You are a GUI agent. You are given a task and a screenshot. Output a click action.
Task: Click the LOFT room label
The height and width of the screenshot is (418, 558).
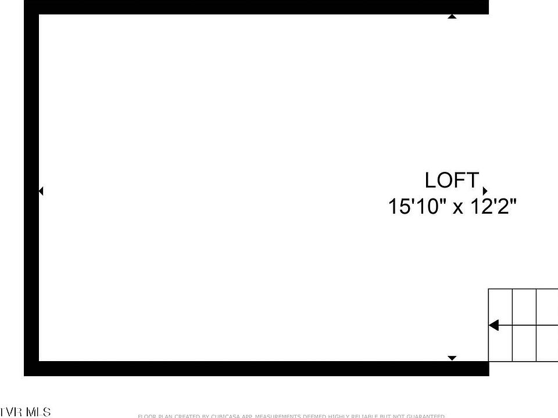click(x=452, y=181)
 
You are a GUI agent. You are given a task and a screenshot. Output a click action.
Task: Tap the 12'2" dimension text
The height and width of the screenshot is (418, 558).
click(x=492, y=207)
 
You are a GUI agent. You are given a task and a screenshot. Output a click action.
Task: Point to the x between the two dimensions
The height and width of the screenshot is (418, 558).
click(x=458, y=208)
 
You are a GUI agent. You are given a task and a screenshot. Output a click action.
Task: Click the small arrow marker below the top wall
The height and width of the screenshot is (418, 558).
click(x=452, y=16)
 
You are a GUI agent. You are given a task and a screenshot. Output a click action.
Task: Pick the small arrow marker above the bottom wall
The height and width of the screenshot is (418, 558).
click(x=452, y=358)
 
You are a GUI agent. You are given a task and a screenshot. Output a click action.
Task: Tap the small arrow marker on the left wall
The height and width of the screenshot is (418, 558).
click(x=41, y=190)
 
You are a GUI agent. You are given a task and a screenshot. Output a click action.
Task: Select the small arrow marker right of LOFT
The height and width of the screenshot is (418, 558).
click(x=485, y=191)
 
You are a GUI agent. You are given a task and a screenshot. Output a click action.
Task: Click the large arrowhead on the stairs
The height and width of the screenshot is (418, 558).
click(x=493, y=325)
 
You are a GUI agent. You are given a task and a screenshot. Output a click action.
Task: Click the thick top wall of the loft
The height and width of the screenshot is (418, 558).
click(x=256, y=6)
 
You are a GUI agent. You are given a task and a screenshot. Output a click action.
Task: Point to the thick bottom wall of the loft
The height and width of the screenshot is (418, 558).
click(x=256, y=369)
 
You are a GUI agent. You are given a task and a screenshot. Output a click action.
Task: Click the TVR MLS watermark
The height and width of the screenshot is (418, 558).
click(x=26, y=412)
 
